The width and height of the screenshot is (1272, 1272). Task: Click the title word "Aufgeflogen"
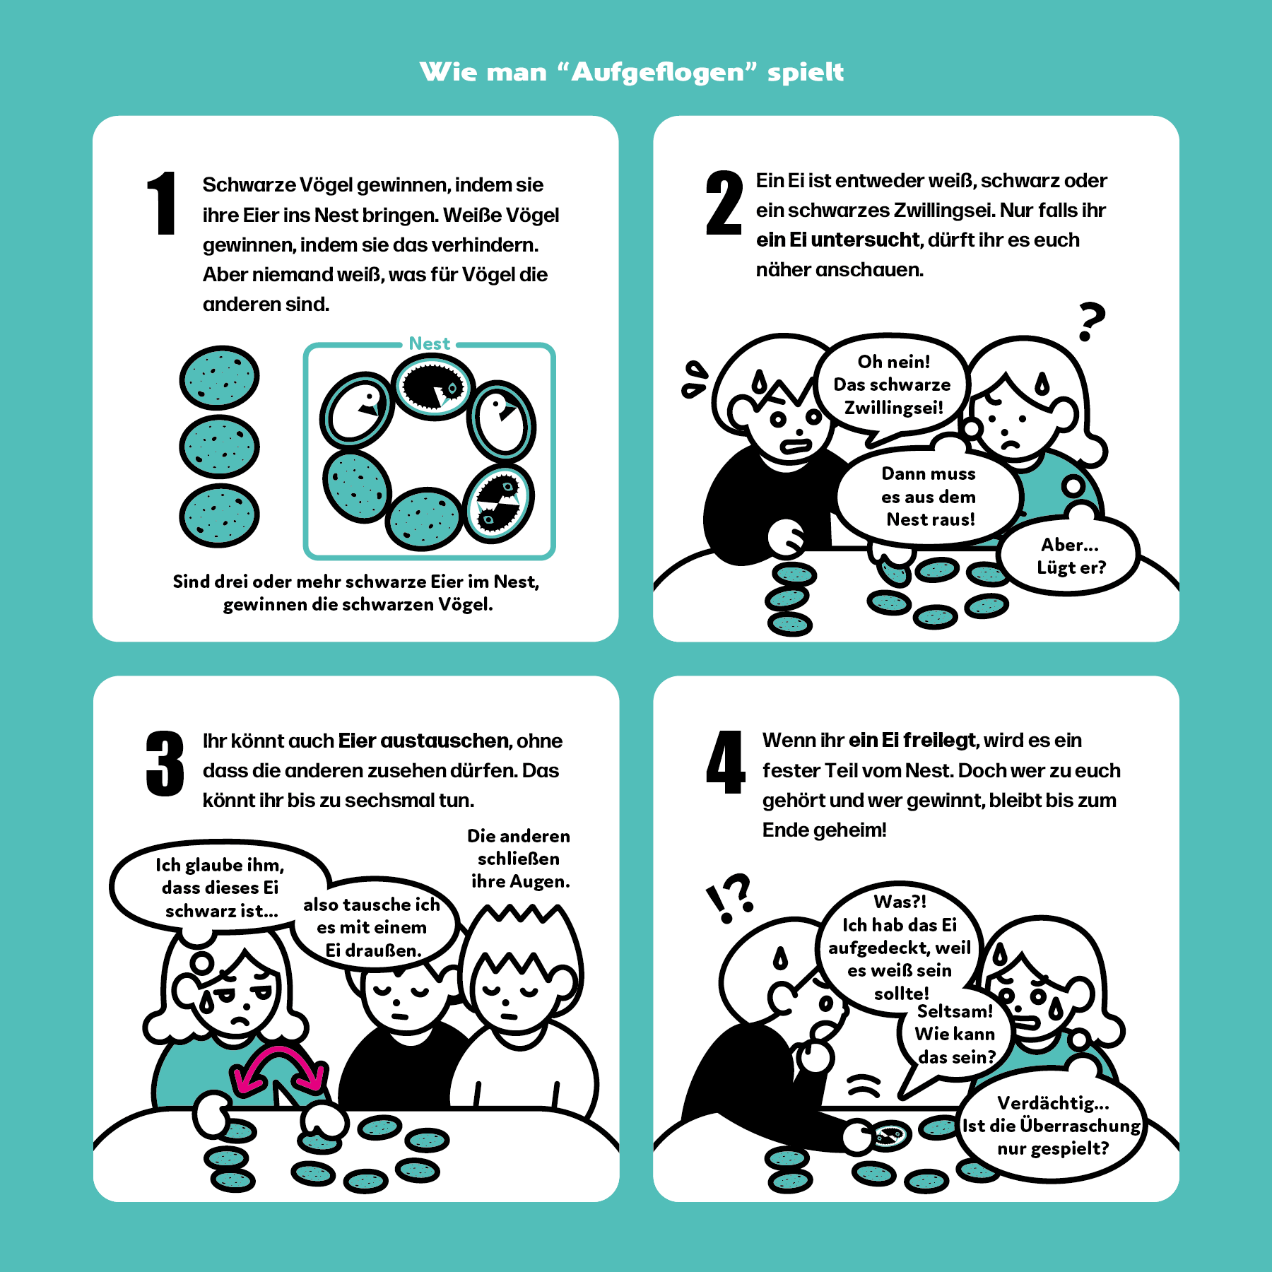[x=658, y=72]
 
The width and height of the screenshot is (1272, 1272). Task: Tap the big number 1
[x=162, y=203]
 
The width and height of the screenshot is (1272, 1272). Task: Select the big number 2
[x=724, y=203]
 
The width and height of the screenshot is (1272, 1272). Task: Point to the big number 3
[x=165, y=764]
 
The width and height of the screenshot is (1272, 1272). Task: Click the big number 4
[x=726, y=762]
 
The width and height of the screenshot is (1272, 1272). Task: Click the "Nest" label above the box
[x=430, y=343]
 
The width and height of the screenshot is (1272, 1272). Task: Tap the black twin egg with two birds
[x=499, y=503]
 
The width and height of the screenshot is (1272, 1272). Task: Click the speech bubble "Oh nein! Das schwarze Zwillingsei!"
[x=893, y=386]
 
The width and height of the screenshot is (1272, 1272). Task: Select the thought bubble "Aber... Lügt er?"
[x=1070, y=555]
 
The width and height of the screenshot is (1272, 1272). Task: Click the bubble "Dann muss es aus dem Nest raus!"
[x=929, y=496]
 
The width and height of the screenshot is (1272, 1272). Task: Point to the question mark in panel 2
[x=1091, y=322]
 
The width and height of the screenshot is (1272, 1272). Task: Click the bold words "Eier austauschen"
[x=424, y=741]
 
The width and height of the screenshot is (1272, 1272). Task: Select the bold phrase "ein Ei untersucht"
[x=838, y=240]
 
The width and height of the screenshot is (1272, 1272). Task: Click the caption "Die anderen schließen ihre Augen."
[x=519, y=859]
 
